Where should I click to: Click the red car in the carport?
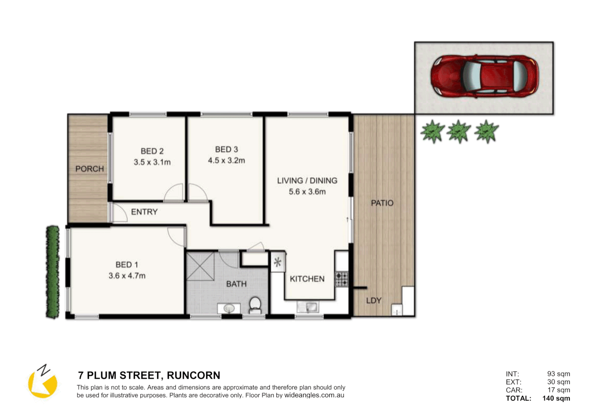(484, 76)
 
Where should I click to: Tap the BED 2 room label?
(152, 151)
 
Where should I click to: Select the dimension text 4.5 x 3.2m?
(226, 161)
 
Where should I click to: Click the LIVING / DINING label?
(307, 181)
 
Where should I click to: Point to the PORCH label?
(90, 169)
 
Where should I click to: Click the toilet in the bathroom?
(255, 305)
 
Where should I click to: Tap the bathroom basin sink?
(229, 309)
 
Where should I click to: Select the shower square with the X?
(200, 266)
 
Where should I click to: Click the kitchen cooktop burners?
(341, 279)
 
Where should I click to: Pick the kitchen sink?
(308, 307)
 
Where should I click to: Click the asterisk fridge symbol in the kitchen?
(278, 263)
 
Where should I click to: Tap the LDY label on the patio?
(373, 300)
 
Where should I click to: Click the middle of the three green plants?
(459, 131)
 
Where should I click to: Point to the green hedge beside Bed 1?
(53, 272)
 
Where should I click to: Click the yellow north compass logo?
(42, 382)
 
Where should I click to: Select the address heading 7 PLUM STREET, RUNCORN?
(149, 375)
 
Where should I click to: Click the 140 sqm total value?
(556, 398)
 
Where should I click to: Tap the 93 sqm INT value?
(558, 374)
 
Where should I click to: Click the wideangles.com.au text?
(314, 395)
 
